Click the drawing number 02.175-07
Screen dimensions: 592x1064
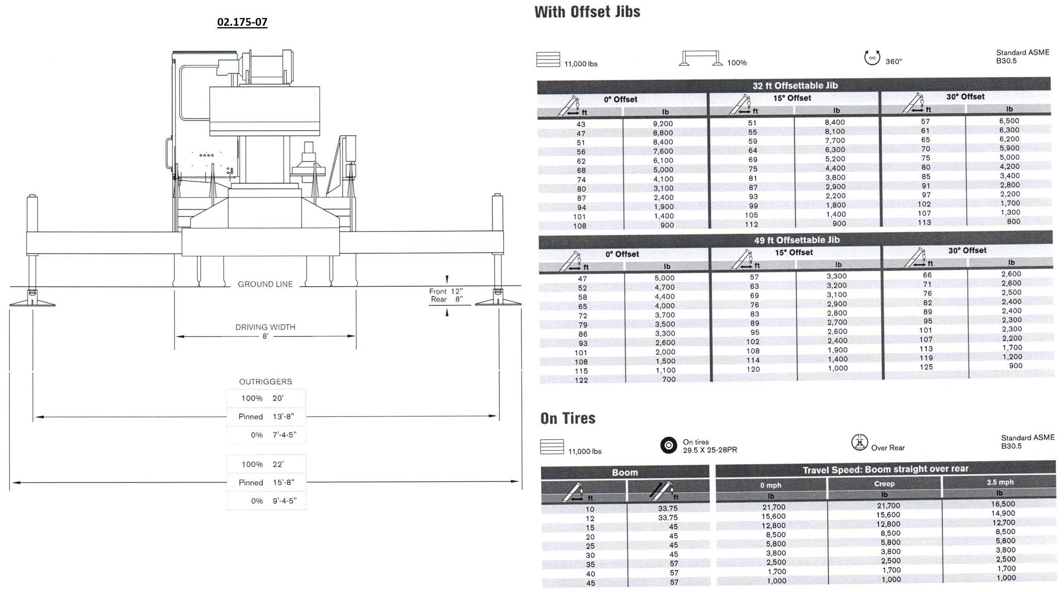coord(242,22)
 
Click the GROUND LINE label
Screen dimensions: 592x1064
coord(265,284)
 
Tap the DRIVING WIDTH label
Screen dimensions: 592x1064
coord(265,327)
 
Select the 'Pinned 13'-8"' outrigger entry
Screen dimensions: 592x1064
coord(266,416)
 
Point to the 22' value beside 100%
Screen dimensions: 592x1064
coord(278,464)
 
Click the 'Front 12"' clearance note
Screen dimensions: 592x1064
coord(446,291)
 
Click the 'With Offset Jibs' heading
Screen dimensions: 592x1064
coord(587,12)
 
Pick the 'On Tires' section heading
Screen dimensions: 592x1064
coord(568,418)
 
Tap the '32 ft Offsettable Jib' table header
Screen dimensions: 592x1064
coord(795,86)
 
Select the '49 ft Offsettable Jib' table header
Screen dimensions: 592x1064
coord(796,240)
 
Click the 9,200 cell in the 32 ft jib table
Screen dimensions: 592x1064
coord(663,123)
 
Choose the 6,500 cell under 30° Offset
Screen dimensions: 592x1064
coord(1009,121)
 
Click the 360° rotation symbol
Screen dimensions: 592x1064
coord(872,58)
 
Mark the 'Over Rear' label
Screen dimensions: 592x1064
coord(888,448)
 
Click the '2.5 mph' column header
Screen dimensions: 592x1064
coord(1000,482)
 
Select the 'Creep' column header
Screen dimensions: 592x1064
coord(884,484)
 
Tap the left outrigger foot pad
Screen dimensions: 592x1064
coord(32,303)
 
